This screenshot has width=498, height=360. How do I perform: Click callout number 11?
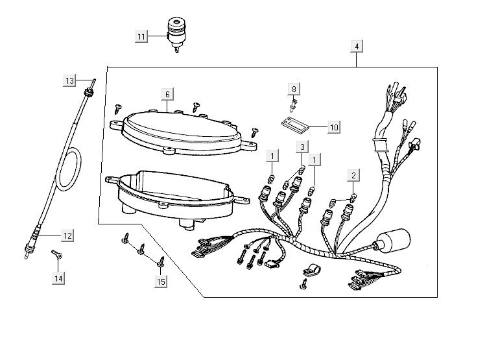[142, 36]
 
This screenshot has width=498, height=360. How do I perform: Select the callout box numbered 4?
[357, 47]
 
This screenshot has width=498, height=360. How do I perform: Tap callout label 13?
[70, 81]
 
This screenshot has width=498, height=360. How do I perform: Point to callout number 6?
[167, 95]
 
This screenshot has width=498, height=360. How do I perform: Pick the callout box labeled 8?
[294, 88]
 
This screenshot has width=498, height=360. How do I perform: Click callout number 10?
[333, 127]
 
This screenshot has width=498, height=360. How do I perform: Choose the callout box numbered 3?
[302, 147]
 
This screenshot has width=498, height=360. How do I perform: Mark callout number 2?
[353, 175]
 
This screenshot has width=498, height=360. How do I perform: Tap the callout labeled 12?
[67, 234]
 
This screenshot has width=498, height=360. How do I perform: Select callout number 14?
[59, 278]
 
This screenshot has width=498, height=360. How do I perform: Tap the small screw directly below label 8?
[294, 101]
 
